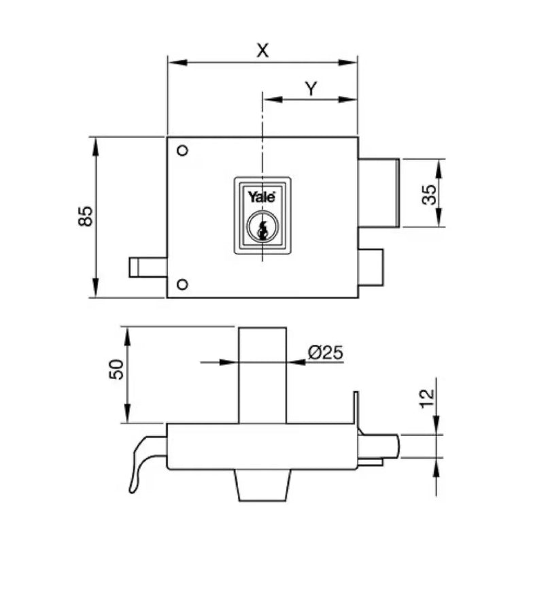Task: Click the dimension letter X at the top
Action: (262, 50)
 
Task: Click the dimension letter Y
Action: (311, 88)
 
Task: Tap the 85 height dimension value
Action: (86, 216)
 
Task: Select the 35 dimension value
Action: (429, 195)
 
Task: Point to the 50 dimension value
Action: (116, 369)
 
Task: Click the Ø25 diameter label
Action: (326, 352)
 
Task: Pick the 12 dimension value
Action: (426, 399)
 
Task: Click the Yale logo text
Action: (261, 197)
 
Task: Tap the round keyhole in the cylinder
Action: (262, 226)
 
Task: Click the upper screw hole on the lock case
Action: (183, 150)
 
